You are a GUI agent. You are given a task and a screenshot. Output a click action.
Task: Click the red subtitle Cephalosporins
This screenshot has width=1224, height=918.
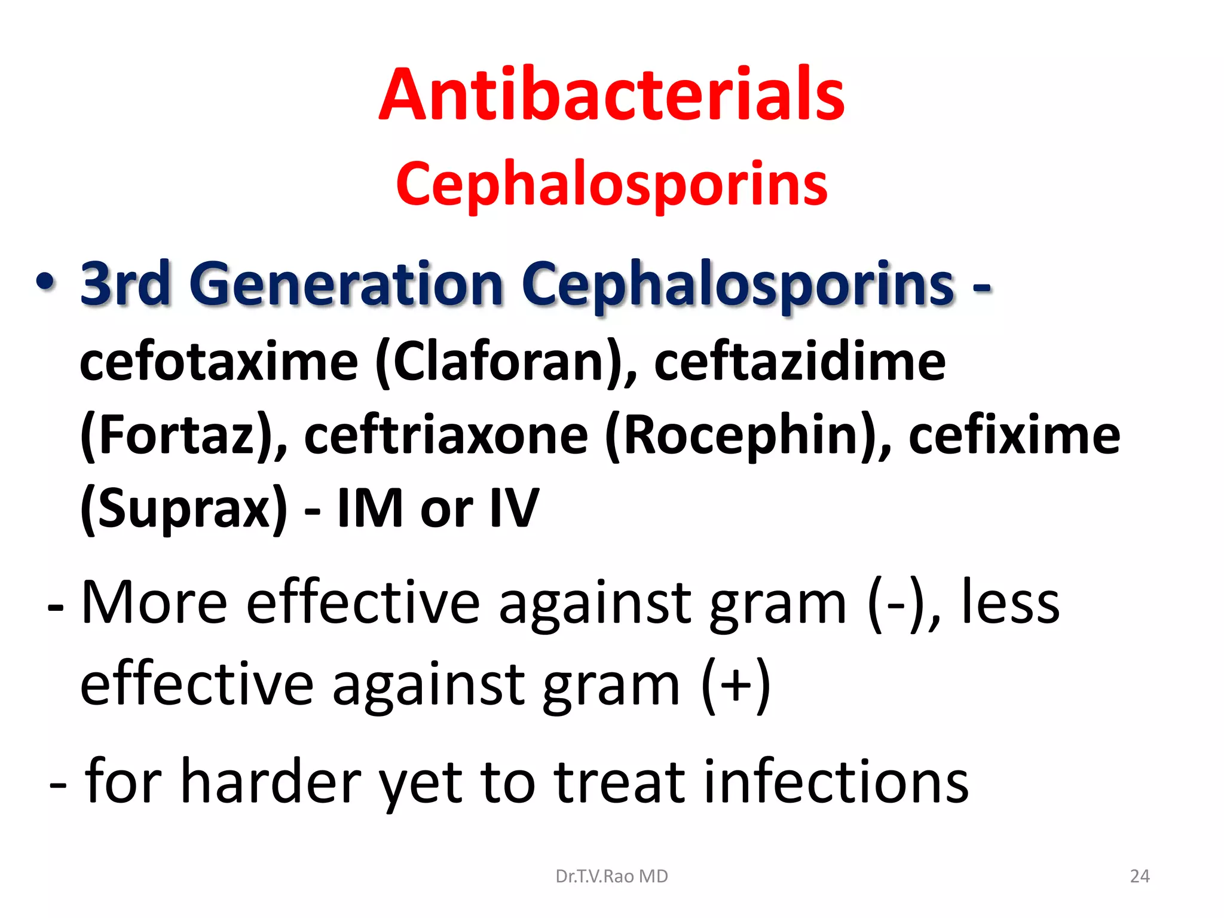611,184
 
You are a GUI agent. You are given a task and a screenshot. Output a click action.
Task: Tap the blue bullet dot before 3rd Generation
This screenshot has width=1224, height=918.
46,281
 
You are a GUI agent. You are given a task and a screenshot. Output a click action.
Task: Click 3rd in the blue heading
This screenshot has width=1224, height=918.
126,284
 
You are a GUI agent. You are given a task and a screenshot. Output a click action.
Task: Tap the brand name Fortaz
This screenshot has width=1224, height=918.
176,436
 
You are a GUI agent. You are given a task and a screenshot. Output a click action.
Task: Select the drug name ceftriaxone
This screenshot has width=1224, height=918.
446,436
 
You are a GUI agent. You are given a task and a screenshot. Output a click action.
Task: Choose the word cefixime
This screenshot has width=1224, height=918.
1014,436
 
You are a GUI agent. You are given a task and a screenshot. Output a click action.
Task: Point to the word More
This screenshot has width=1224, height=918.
154,602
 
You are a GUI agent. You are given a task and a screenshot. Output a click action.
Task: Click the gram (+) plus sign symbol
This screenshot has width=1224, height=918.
736,685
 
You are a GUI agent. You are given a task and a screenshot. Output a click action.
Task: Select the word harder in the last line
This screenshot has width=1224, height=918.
271,781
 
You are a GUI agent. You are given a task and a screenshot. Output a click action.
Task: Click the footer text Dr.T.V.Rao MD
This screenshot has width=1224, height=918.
611,876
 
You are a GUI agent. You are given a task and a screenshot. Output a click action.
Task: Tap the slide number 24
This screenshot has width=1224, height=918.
1140,876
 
